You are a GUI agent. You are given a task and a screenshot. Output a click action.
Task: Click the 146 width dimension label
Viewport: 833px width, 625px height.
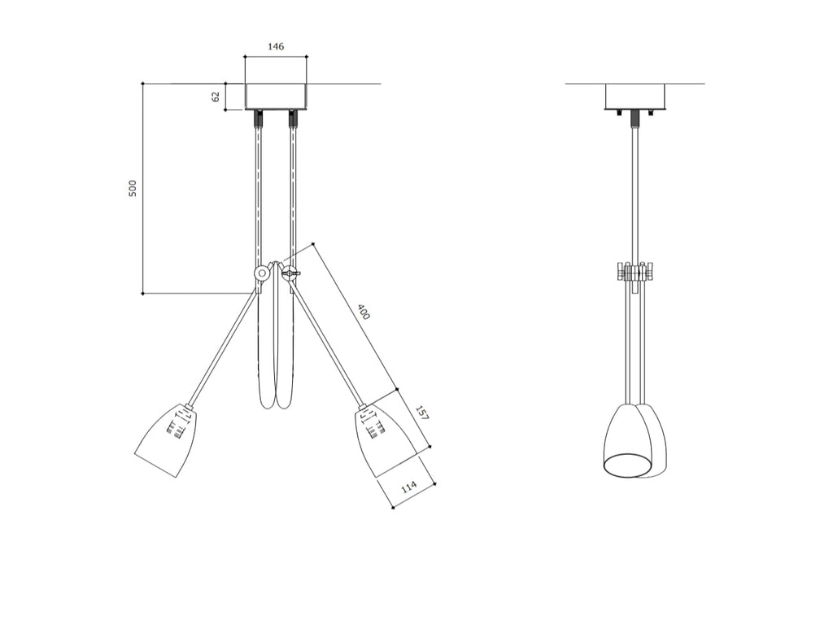275,46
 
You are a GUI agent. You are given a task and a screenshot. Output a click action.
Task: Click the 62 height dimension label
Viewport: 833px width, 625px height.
215,97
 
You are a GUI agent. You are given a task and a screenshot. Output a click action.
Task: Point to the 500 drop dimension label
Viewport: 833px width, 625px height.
133,188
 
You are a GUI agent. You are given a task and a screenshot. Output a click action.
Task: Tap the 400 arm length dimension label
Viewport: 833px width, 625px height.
363,312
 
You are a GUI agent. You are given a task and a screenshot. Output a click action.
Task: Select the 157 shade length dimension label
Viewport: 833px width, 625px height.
421,413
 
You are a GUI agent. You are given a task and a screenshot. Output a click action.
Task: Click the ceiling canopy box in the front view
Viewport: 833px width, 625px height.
276,97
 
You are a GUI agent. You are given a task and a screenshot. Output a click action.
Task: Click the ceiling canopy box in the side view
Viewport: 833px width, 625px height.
635,97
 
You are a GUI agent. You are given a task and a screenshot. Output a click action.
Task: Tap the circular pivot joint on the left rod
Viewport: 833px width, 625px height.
261,273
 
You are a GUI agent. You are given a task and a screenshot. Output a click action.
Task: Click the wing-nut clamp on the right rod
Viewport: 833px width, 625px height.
290,273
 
